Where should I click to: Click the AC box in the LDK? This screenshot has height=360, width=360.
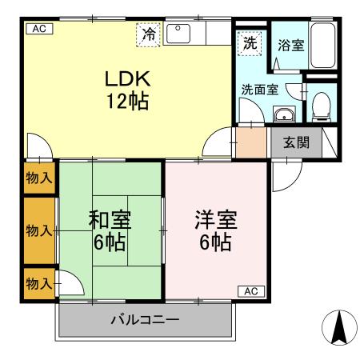[39, 29]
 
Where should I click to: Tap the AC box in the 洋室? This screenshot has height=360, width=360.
[251, 291]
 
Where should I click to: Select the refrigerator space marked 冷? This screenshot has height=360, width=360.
[148, 34]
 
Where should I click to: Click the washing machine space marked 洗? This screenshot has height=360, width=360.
[250, 43]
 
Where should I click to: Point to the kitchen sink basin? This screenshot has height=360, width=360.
[178, 34]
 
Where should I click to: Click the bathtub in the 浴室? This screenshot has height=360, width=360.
[323, 46]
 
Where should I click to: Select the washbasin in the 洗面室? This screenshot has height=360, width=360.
[284, 114]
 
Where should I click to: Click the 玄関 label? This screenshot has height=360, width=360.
[296, 142]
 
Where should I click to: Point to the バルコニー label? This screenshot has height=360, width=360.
[145, 319]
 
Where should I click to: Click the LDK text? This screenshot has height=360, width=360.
[128, 78]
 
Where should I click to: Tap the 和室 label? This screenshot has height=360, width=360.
[110, 220]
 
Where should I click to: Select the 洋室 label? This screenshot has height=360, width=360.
[216, 220]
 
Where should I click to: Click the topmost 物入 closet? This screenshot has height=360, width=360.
[39, 178]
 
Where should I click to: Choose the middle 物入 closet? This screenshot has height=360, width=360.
[39, 230]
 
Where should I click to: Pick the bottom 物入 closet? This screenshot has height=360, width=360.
[39, 283]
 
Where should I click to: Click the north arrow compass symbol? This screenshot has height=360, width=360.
[339, 328]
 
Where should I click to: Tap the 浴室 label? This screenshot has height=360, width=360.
[291, 46]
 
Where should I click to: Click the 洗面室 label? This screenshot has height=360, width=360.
[260, 90]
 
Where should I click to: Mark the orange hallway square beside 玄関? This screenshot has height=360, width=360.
[251, 142]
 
